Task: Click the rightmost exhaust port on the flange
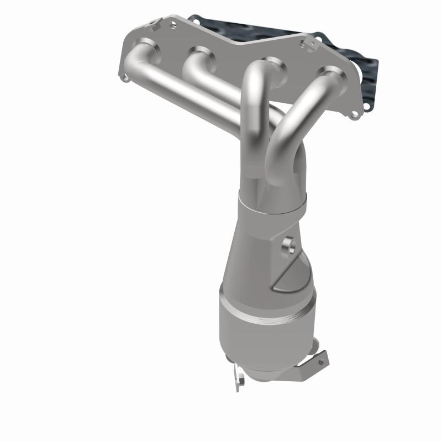pos(333,73)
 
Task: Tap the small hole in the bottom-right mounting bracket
pos(320,362)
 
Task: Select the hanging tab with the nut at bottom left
pos(239,377)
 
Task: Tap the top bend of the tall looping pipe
pos(256,72)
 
